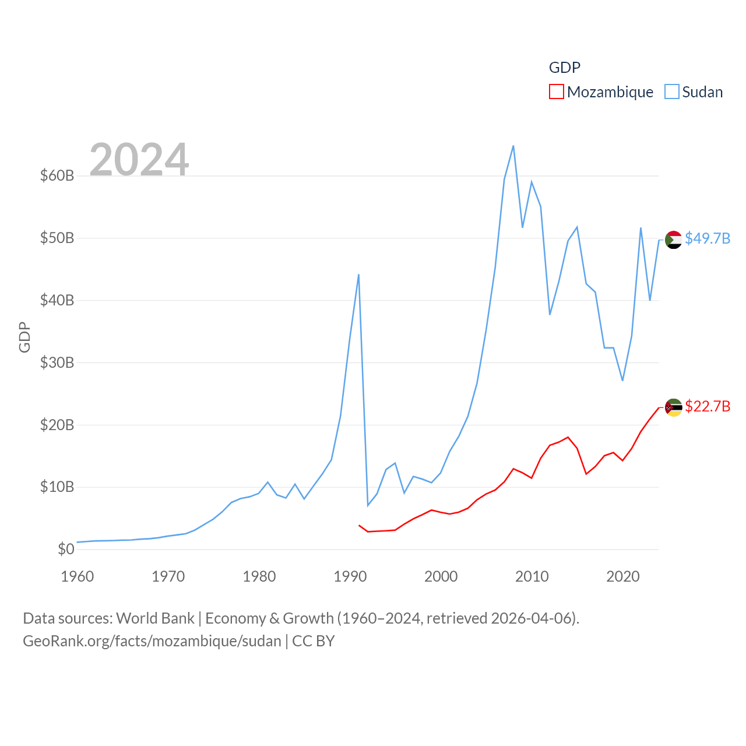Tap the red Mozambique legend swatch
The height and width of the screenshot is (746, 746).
pos(557,92)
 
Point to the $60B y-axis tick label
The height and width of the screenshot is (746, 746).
pos(57,175)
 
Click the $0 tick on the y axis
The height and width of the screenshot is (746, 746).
pos(66,549)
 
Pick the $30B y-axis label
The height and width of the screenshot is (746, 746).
pos(57,363)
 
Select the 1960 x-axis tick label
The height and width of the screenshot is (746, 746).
pos(78,576)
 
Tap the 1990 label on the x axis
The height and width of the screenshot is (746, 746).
pos(350,576)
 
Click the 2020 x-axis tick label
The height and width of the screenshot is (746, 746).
pos(623,576)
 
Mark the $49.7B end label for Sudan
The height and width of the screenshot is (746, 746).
pos(708,238)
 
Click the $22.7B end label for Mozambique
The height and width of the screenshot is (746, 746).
pos(708,406)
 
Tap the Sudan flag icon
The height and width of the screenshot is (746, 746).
pos(674,240)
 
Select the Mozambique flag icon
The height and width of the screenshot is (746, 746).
pos(674,407)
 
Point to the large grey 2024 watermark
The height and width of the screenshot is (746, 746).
pos(139,159)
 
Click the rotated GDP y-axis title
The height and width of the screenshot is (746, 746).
pos(24,337)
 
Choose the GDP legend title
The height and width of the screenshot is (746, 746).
pos(565,68)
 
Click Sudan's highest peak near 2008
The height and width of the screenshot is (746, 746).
pos(513,146)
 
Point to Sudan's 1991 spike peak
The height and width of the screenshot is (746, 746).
pos(358,275)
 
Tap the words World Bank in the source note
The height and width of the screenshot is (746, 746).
pos(155,618)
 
